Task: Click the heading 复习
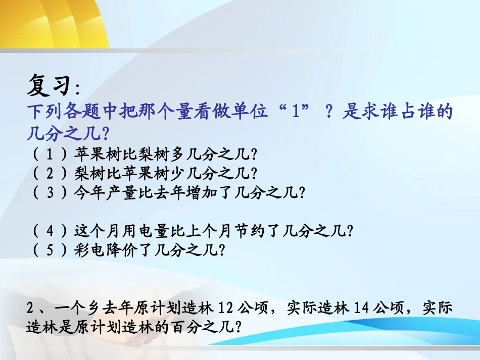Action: point(49,85)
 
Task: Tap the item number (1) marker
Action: point(50,153)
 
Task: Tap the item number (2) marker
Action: point(50,173)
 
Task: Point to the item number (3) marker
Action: point(50,193)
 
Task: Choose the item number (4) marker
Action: point(50,231)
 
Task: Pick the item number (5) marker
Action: point(50,250)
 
